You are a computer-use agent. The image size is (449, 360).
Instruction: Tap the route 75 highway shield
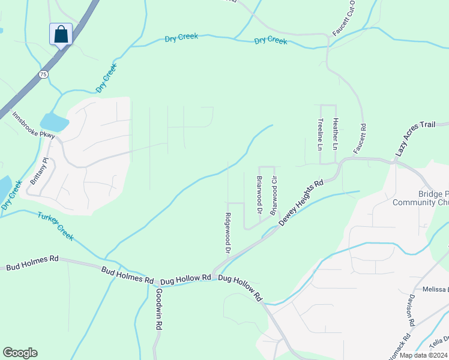[x=42, y=74]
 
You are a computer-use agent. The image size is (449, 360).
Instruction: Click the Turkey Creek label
[x=55, y=226]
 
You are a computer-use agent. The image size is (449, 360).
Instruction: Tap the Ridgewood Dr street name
[x=228, y=233]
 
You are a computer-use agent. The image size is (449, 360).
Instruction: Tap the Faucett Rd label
[x=363, y=137]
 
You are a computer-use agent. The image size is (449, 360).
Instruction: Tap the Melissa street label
[x=435, y=289]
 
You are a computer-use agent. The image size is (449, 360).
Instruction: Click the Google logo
[x=20, y=353]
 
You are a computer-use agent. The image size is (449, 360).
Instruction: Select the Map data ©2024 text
[x=423, y=355]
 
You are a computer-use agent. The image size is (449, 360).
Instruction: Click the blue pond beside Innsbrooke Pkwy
[x=55, y=122]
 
